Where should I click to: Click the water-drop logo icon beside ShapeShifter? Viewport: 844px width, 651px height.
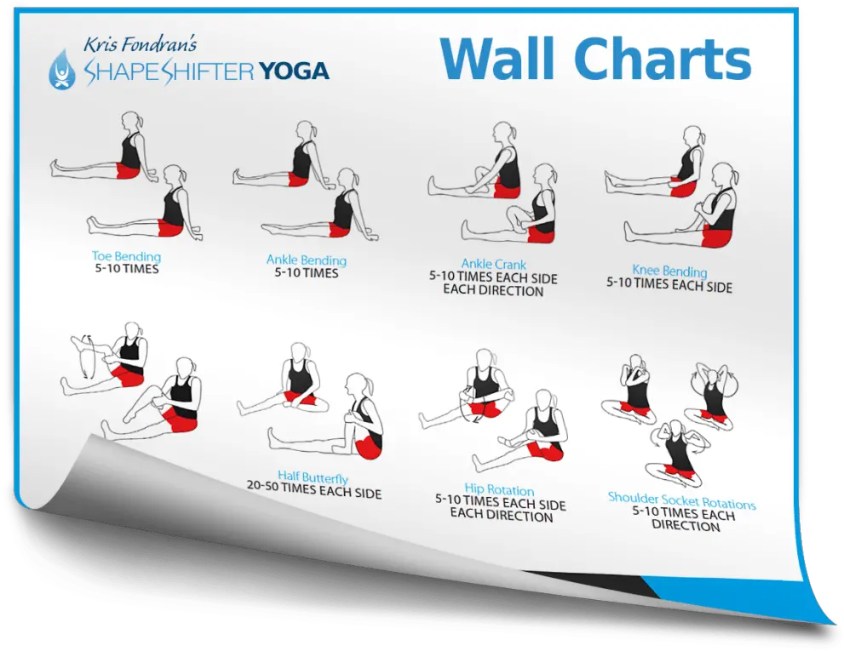pos(62,69)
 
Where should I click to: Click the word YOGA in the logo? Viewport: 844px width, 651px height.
pos(293,71)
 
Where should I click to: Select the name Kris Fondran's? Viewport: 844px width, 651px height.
pos(140,44)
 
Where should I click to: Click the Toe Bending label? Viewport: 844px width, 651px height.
pos(127,257)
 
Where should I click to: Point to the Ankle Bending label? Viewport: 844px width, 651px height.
pos(307,260)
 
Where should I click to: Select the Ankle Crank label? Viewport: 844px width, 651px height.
pos(494,264)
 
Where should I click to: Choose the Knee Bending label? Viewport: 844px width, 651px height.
pos(669,270)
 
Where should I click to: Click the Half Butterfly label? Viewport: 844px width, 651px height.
pos(313,477)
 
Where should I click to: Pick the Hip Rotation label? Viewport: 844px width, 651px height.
pos(500,489)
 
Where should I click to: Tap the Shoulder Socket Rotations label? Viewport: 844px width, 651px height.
pos(681,500)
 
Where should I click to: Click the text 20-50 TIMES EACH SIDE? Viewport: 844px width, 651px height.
pos(314,489)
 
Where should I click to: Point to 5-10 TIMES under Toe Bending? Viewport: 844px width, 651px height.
pos(127,268)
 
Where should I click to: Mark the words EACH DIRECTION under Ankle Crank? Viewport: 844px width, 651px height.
pos(493,290)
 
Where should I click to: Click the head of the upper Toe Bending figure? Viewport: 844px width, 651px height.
pos(131,121)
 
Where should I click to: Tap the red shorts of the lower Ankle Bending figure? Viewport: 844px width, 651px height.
pos(339,230)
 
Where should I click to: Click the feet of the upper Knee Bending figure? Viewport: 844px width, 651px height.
pos(610,181)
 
